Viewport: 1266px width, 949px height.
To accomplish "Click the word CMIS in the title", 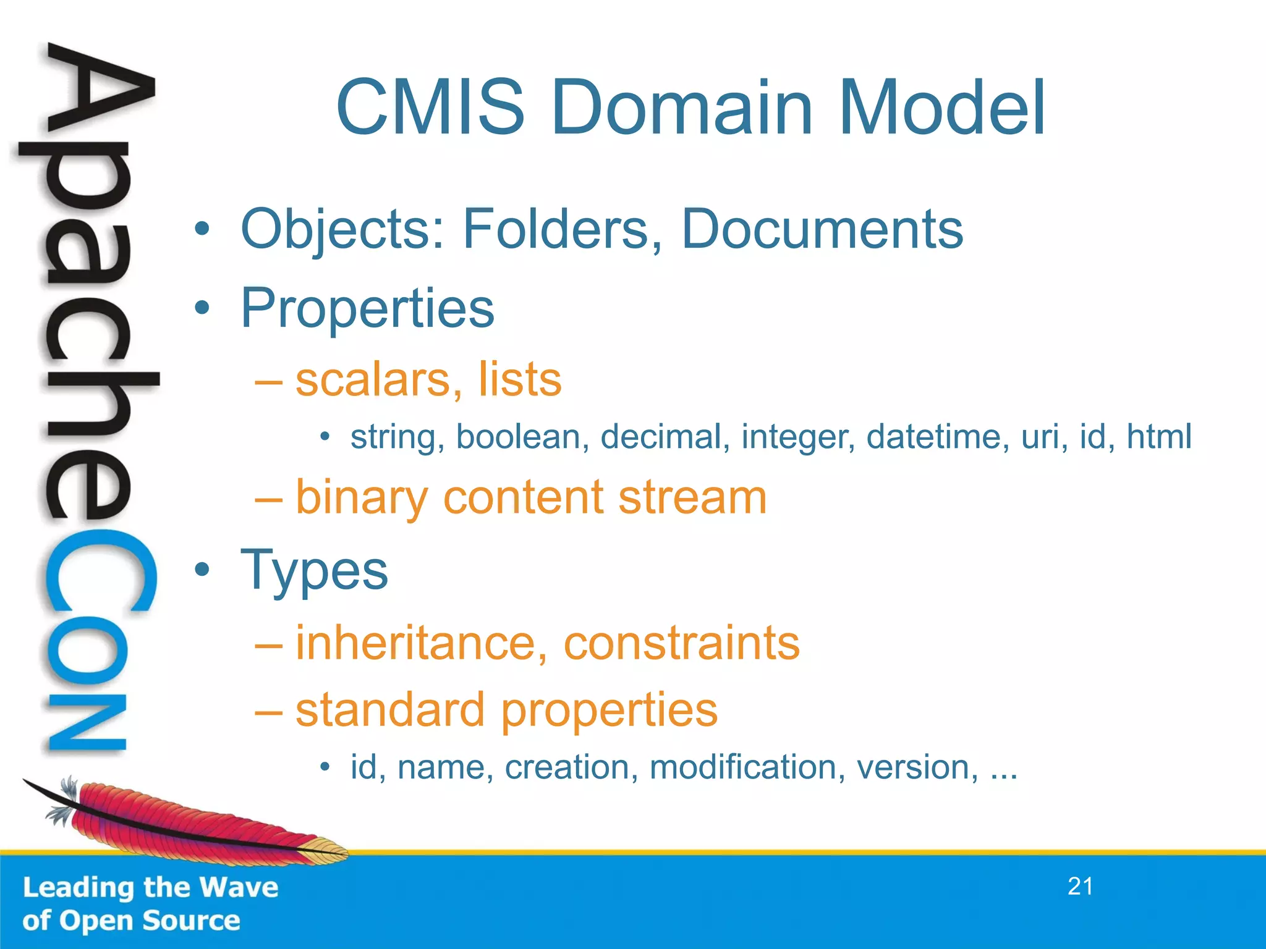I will click(x=430, y=108).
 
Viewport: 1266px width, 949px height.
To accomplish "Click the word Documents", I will click(x=822, y=229).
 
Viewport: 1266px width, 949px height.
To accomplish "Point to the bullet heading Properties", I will click(x=367, y=308).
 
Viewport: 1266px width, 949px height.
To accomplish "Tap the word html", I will click(x=1159, y=437).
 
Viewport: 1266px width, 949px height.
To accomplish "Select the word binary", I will click(x=362, y=498).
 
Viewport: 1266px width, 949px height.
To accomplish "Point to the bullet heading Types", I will click(x=314, y=572).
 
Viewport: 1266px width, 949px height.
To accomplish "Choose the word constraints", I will click(x=681, y=643).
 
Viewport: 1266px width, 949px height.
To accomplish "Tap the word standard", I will click(x=390, y=710).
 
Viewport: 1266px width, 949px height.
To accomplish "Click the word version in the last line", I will click(x=918, y=767).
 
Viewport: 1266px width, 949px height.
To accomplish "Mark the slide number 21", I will click(x=1080, y=887).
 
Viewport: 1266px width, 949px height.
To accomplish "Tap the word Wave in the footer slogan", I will click(x=239, y=888).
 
